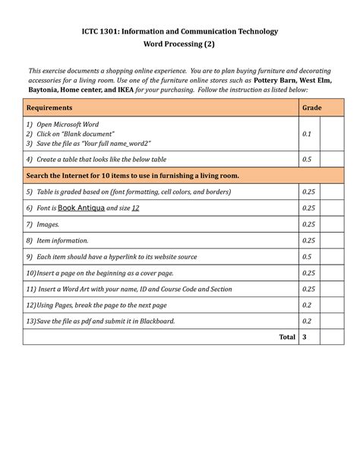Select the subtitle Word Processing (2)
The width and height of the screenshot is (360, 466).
point(179,44)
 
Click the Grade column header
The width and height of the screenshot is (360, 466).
point(311,108)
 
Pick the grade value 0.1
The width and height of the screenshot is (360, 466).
point(306,134)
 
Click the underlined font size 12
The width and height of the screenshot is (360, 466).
point(135,208)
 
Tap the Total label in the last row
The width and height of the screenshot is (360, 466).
point(286,337)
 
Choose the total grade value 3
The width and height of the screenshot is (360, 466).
point(304,337)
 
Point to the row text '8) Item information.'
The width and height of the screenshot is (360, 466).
point(57,240)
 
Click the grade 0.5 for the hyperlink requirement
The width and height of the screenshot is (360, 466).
point(306,257)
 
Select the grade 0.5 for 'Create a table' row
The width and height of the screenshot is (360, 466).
point(306,159)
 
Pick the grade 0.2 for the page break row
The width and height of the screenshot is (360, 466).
point(306,305)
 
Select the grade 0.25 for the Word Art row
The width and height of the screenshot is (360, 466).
point(308,289)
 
